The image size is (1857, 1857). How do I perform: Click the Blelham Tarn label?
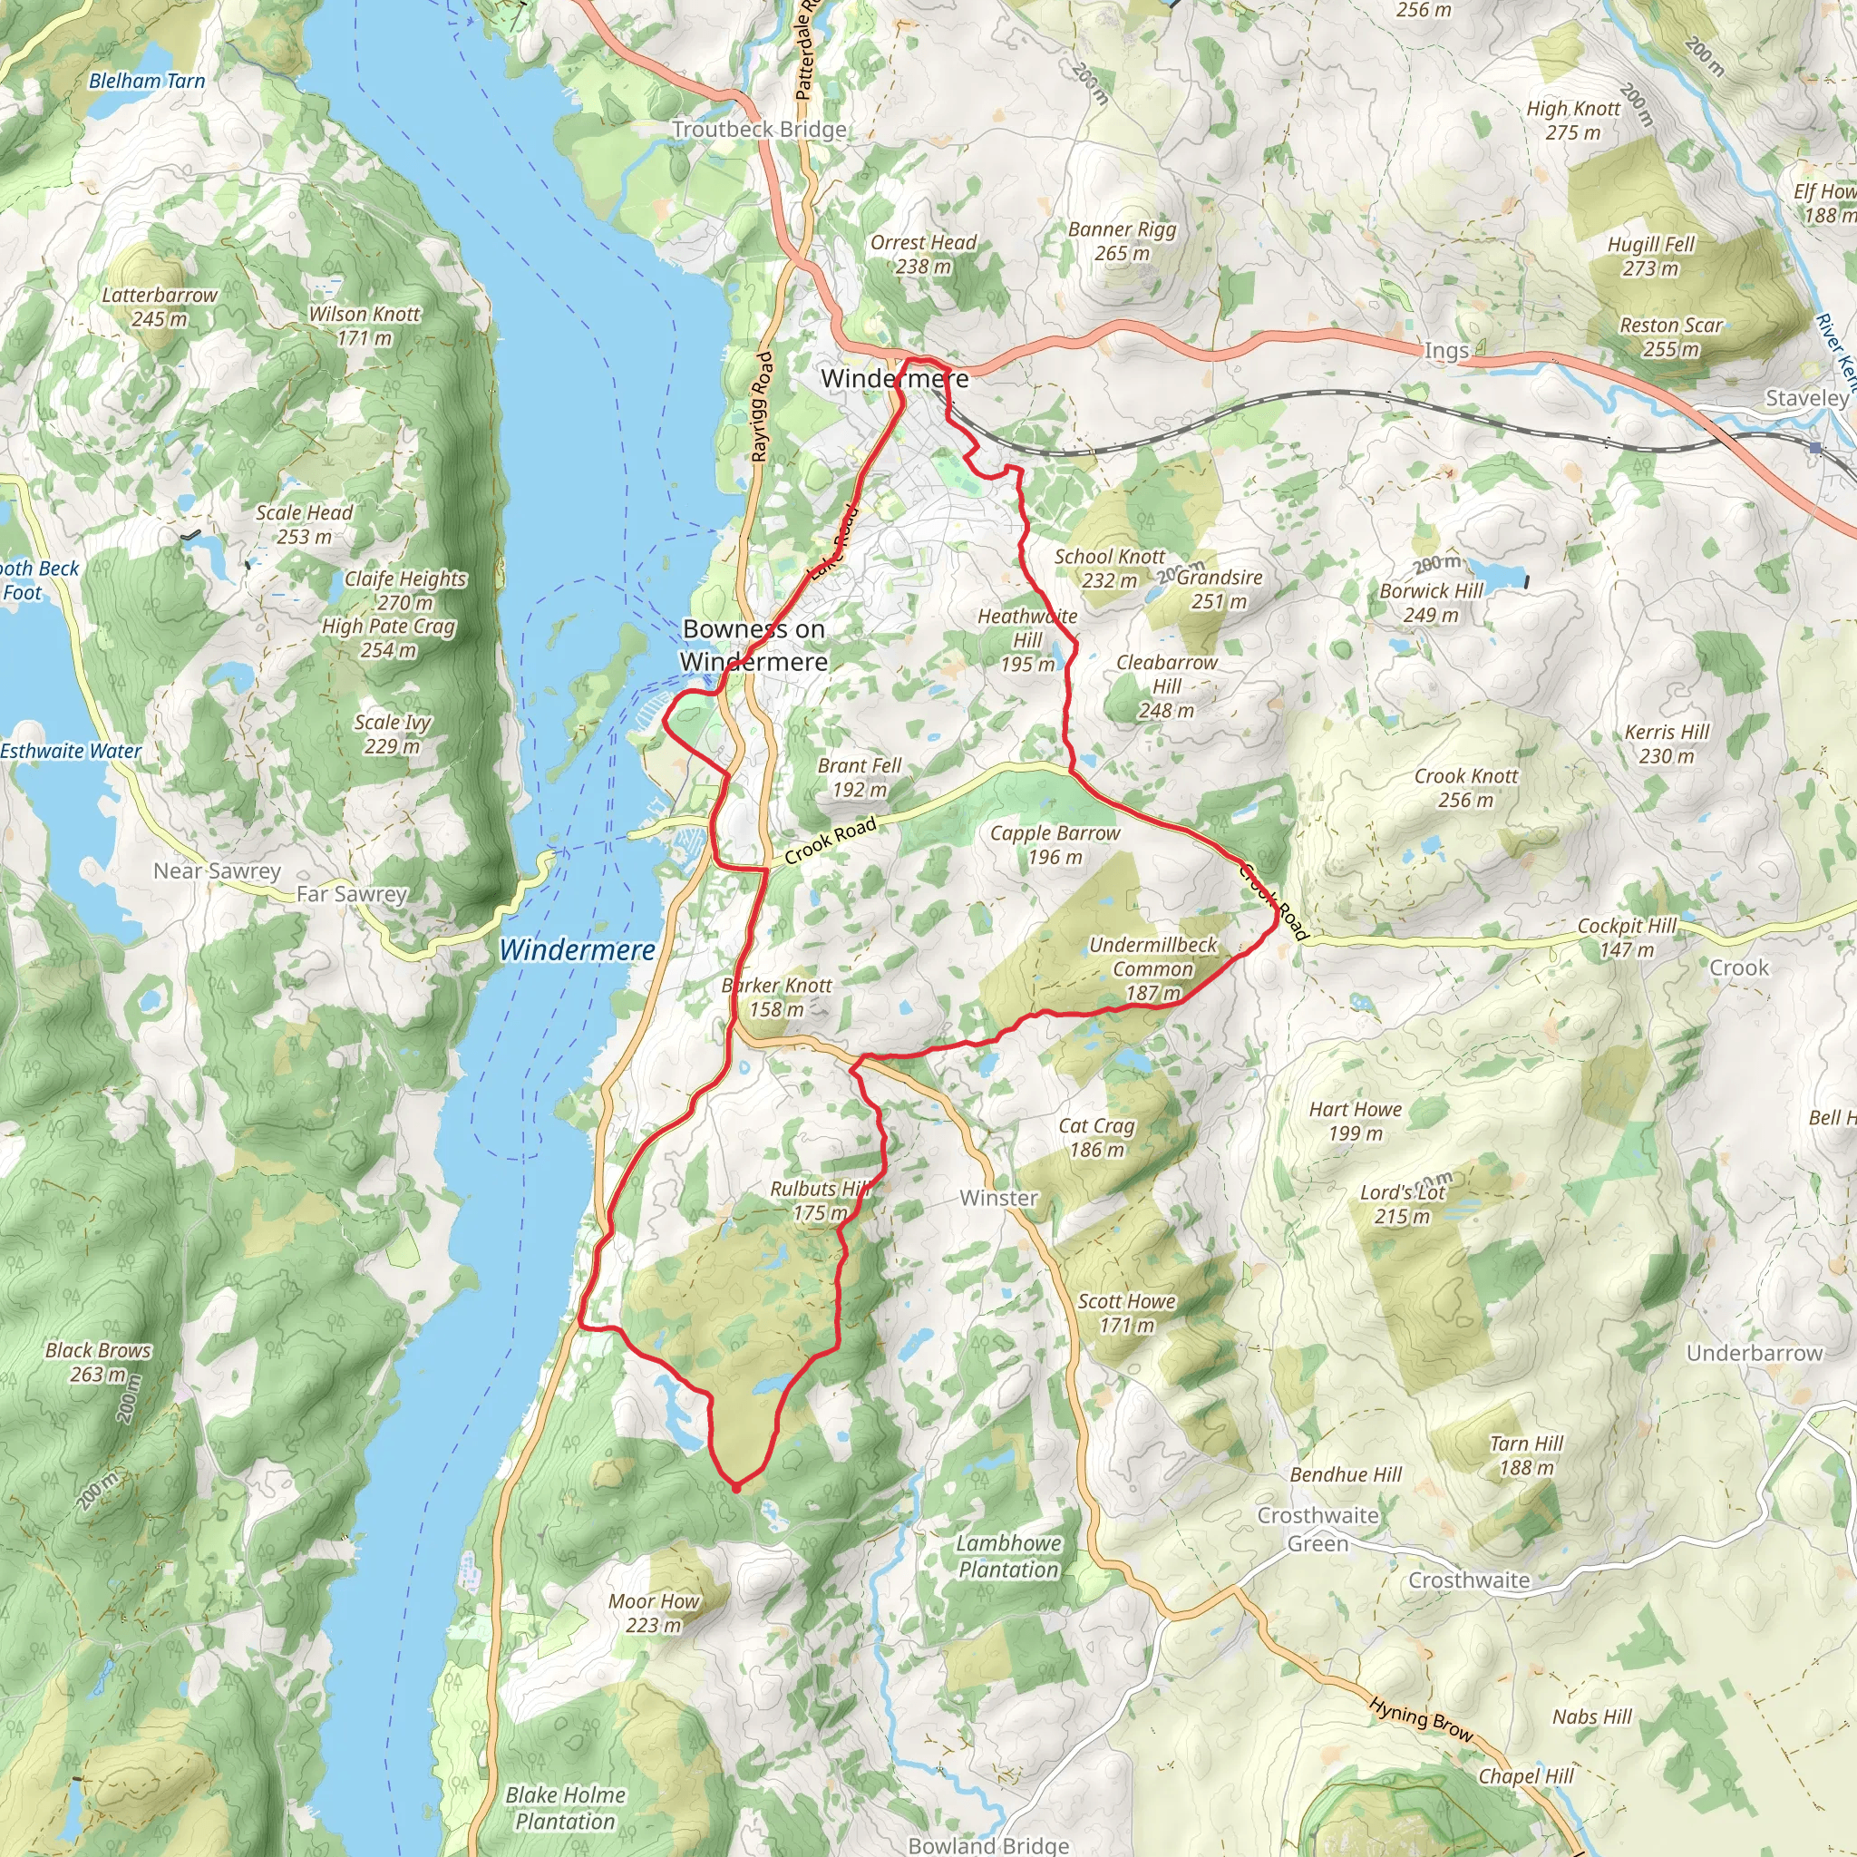[x=147, y=81]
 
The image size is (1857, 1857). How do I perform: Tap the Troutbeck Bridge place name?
[x=759, y=129]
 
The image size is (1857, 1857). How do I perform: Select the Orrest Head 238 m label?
[x=923, y=255]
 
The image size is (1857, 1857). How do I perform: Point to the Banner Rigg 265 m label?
[x=1122, y=241]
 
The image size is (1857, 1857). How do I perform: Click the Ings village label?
[x=1445, y=351]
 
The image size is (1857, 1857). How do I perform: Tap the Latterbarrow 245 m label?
[x=160, y=306]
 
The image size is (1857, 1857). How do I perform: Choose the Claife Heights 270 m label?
[x=405, y=590]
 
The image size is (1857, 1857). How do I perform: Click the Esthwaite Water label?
[x=70, y=752]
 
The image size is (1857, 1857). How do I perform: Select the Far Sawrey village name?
[x=352, y=894]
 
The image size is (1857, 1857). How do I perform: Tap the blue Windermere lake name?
[x=577, y=949]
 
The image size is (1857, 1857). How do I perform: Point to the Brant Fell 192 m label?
[x=860, y=778]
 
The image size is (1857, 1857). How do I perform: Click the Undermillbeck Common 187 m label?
[x=1152, y=969]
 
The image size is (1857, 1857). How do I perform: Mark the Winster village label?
[x=998, y=1198]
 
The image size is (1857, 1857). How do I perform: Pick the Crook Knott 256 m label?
[x=1466, y=787]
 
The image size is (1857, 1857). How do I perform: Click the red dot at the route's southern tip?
[x=736, y=1487]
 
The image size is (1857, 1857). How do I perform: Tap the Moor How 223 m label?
[x=654, y=1613]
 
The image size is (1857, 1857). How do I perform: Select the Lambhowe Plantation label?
[x=1008, y=1556]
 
